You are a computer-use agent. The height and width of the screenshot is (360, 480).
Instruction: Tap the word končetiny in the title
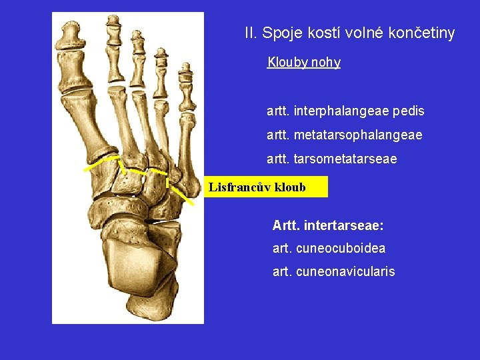(x=421, y=33)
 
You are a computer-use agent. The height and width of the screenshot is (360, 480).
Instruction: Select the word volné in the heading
(x=359, y=33)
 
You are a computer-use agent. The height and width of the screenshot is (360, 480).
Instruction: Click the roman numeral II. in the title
(x=251, y=33)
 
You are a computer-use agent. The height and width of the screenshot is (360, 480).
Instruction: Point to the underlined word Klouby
(x=287, y=63)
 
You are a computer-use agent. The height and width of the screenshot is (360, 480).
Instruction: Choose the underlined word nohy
(x=326, y=63)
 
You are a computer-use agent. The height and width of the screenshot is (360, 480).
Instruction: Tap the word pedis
(x=409, y=111)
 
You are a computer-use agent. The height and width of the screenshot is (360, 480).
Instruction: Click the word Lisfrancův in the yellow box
(x=237, y=187)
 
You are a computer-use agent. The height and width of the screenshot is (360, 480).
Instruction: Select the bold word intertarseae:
(x=343, y=226)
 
